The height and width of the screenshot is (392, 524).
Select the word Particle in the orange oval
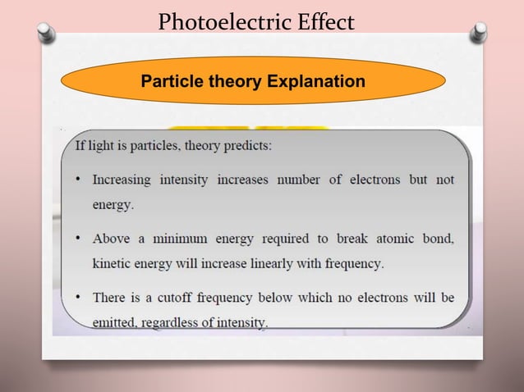(169, 81)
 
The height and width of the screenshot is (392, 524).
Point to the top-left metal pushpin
(47, 33)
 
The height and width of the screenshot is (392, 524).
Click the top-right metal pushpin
(479, 32)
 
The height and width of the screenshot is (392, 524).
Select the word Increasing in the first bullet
(122, 179)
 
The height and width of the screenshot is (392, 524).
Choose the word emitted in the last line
(114, 323)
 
